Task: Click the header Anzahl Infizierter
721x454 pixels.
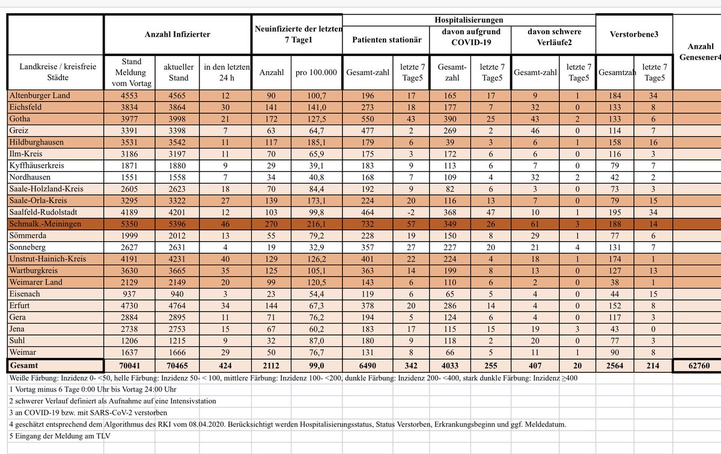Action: point(177,35)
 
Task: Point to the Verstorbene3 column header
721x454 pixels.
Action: point(634,35)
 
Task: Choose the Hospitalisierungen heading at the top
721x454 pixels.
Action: point(469,20)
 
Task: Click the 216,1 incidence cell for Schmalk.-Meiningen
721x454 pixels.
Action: point(316,224)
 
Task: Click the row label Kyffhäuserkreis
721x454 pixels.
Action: point(38,165)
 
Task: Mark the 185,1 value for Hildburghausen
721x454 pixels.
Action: point(316,142)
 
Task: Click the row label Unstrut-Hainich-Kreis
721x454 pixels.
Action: point(47,259)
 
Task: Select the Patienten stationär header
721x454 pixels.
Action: point(386,40)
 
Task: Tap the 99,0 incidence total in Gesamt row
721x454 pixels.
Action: point(316,365)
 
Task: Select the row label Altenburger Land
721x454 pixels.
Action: point(40,95)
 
